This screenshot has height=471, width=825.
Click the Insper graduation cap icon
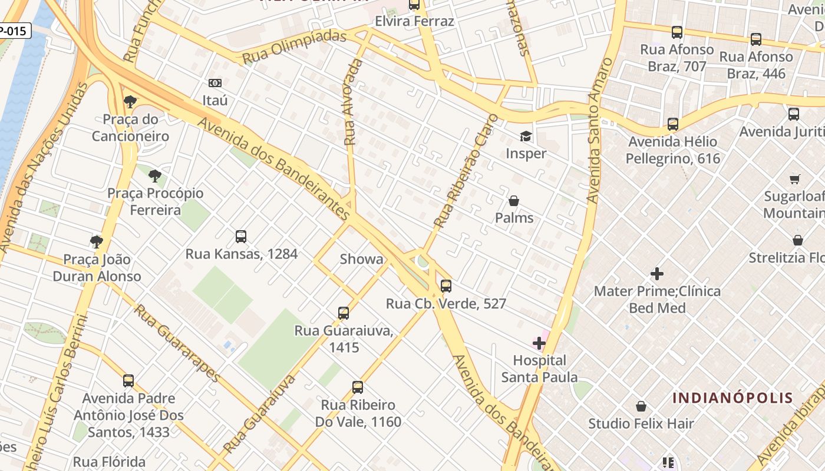525,137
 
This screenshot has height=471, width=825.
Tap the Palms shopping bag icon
514,201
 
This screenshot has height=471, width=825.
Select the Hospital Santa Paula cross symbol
539,343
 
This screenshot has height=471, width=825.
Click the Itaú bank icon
215,84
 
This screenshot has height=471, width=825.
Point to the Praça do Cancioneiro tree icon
130,102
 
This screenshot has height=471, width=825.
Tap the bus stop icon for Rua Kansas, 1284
241,237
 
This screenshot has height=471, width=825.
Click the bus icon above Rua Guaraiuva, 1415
344,313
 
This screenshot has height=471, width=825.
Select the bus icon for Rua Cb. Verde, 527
446,286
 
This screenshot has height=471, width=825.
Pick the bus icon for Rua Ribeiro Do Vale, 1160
358,387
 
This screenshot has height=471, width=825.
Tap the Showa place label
361,259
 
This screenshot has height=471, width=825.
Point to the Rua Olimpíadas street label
295,48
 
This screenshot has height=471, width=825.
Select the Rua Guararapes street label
177,343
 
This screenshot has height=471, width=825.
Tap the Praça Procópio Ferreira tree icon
155,175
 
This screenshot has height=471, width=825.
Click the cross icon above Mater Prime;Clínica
657,274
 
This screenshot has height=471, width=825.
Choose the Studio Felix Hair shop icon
641,407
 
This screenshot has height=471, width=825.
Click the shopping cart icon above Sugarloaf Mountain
795,179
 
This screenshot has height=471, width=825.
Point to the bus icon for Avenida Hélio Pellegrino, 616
673,124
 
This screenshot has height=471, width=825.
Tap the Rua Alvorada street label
352,102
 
